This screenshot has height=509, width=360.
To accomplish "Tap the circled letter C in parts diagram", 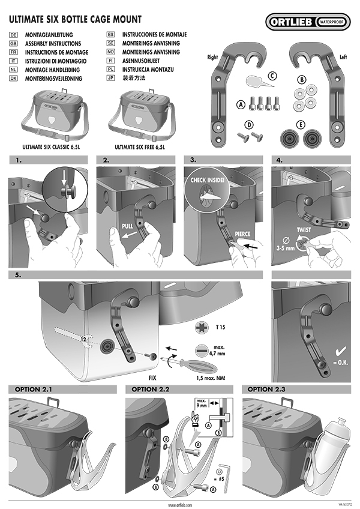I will [273, 76].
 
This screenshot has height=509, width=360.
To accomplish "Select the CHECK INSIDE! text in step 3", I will [208, 179].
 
